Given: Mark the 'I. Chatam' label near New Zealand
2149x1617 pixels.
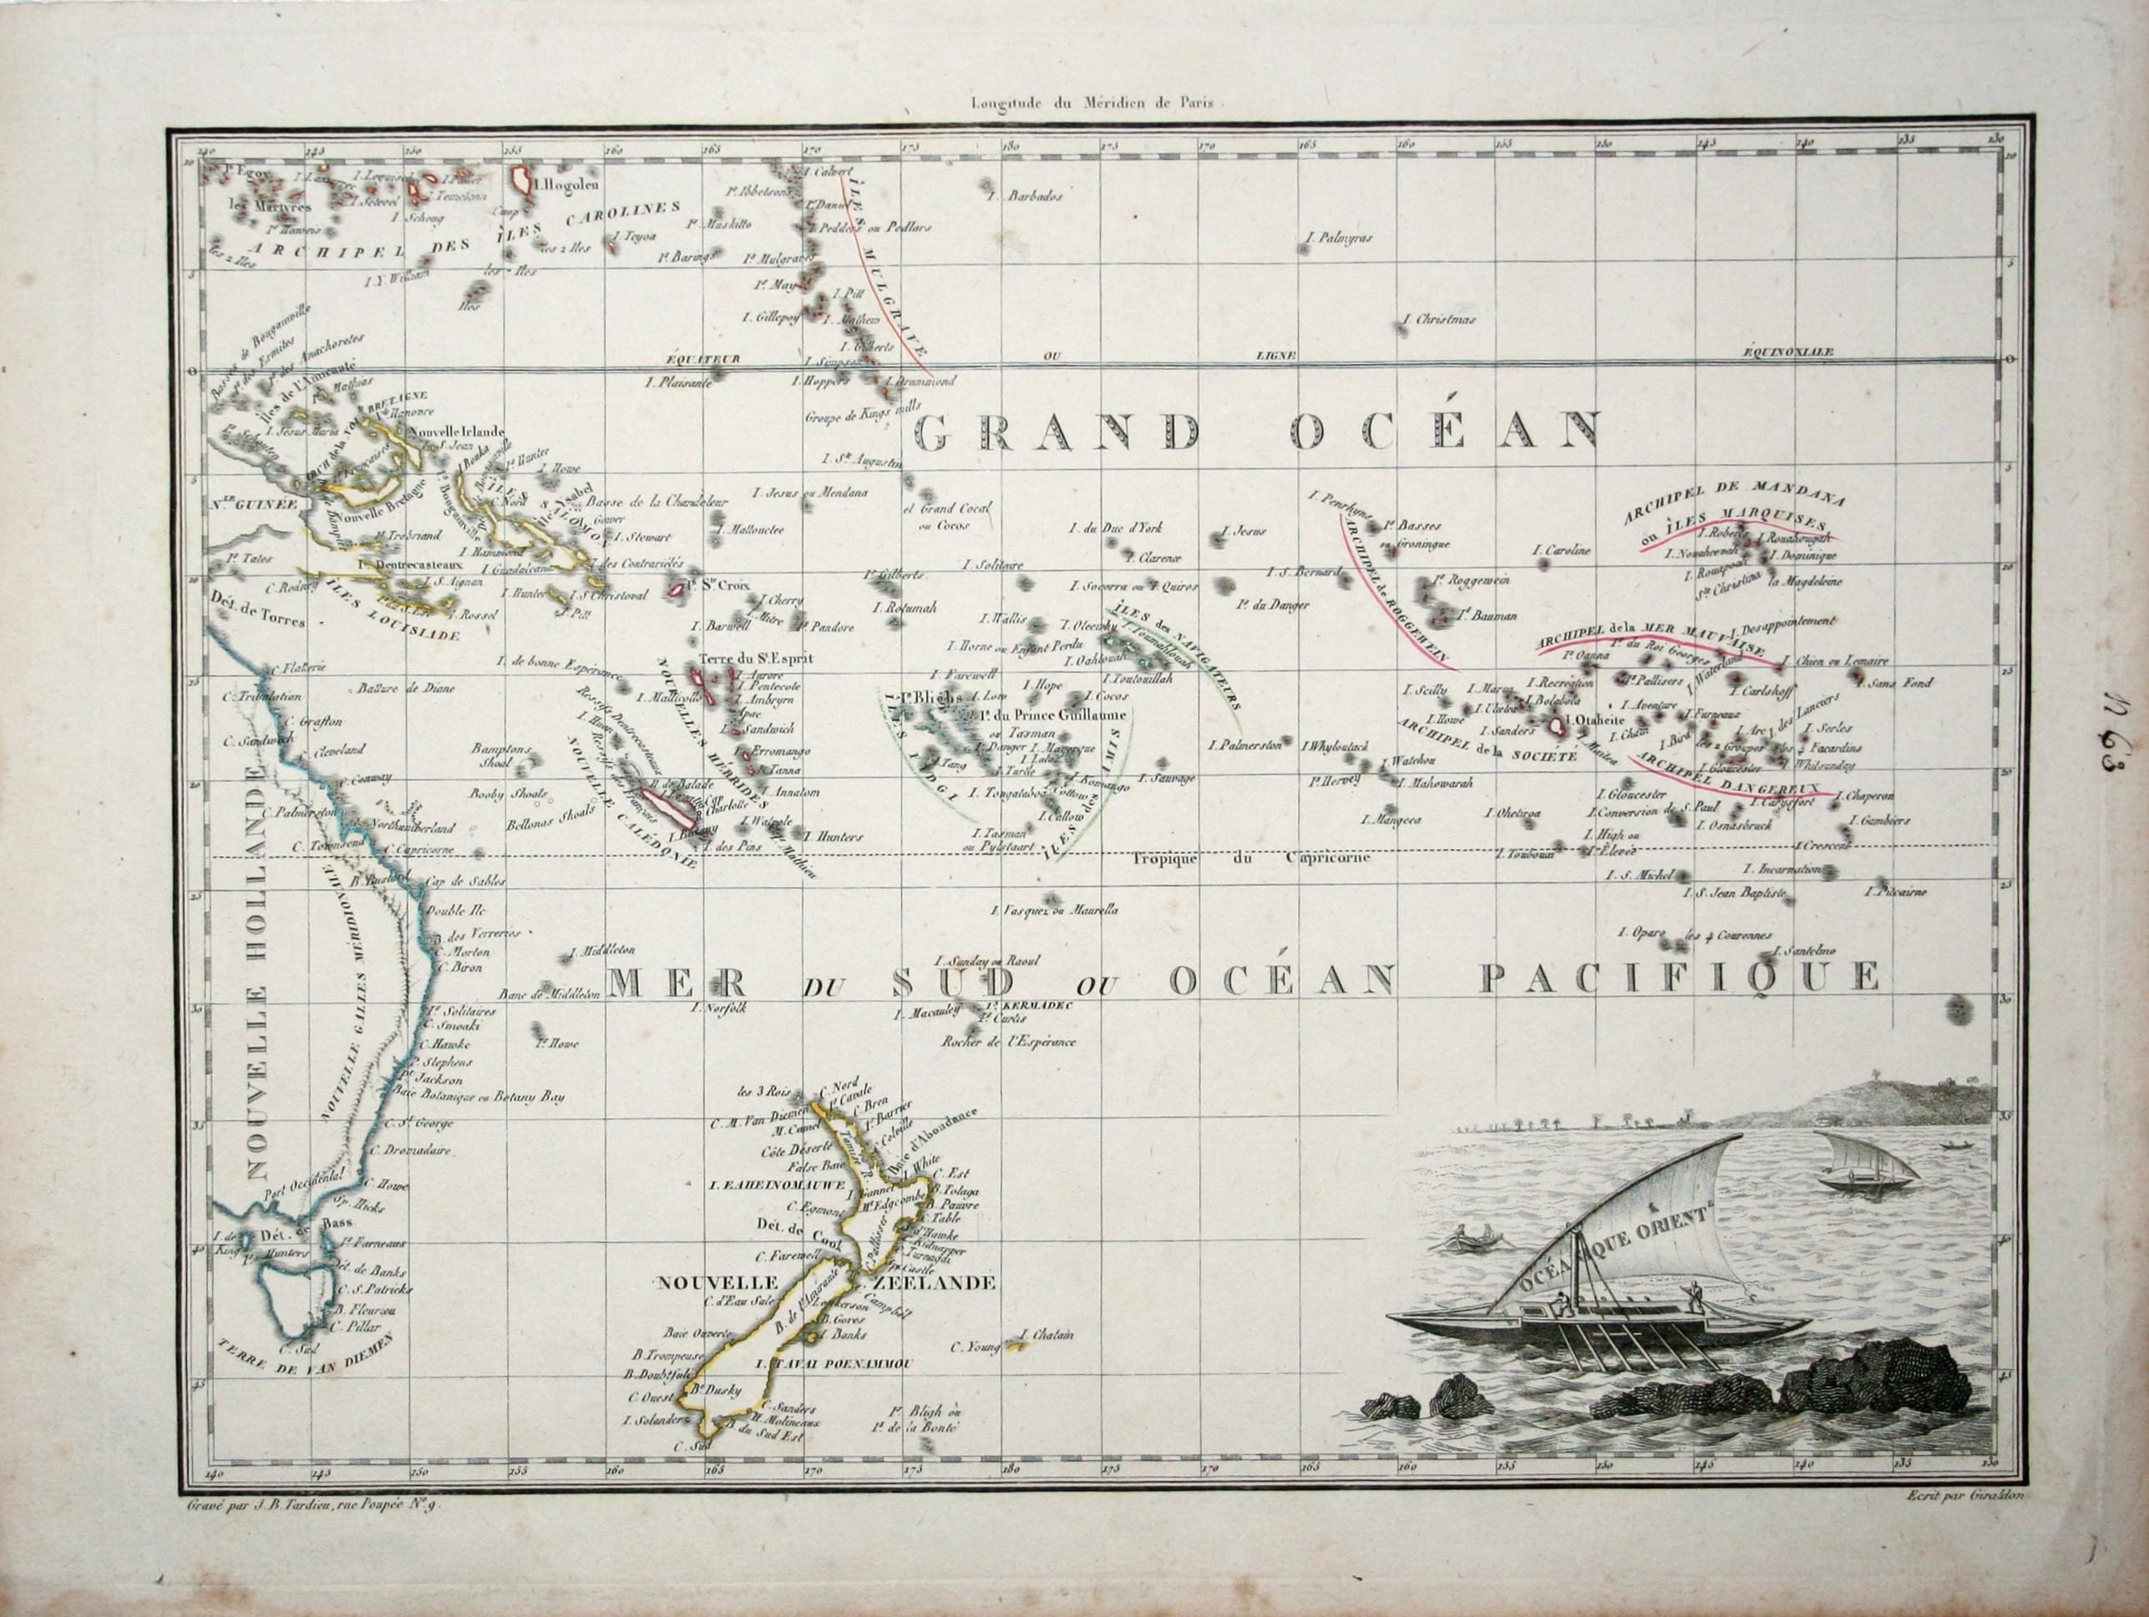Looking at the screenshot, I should [x=1047, y=1336].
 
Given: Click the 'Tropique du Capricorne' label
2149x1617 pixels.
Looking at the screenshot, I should [x=1250, y=857].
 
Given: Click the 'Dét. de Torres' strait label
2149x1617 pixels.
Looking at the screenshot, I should [x=256, y=618].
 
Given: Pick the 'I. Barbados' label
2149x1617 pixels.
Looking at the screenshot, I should [x=1024, y=195].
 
